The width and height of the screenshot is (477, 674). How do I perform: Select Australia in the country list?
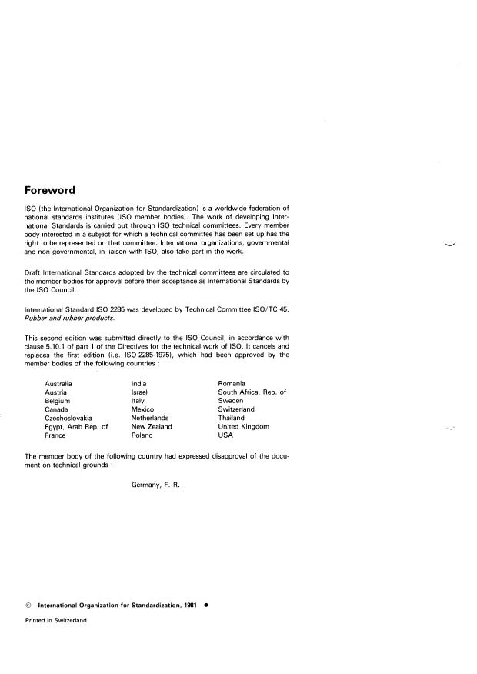click(58, 383)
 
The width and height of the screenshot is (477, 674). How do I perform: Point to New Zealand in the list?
click(152, 426)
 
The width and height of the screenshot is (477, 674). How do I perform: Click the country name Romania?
click(232, 383)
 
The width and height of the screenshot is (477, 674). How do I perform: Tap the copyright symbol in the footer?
click(28, 604)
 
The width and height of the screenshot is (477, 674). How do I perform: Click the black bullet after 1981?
click(205, 604)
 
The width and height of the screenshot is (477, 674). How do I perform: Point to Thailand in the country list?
click(232, 418)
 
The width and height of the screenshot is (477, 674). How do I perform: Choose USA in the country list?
click(225, 435)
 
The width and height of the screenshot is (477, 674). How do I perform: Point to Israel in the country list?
click(140, 392)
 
